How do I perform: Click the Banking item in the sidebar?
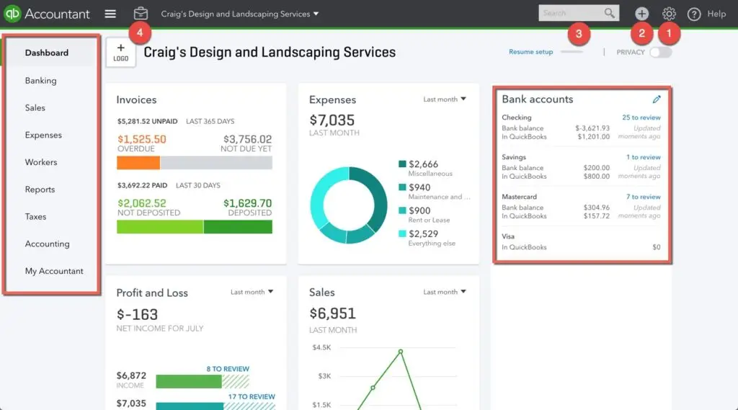pyautogui.click(x=40, y=81)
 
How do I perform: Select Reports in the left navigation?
pyautogui.click(x=40, y=190)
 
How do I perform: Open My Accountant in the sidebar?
pyautogui.click(x=54, y=271)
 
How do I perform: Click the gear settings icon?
pyautogui.click(x=669, y=14)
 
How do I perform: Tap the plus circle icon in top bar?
pyautogui.click(x=641, y=14)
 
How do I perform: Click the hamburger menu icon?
pyautogui.click(x=110, y=14)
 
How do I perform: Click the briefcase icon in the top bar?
pyautogui.click(x=141, y=14)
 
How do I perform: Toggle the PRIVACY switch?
pyautogui.click(x=660, y=52)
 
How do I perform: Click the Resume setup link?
pyautogui.click(x=530, y=52)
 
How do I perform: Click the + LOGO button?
pyautogui.click(x=120, y=53)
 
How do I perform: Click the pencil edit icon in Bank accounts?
pyautogui.click(x=656, y=99)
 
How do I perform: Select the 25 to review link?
pyautogui.click(x=641, y=117)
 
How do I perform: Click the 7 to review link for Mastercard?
pyautogui.click(x=643, y=197)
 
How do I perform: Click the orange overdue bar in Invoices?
pyautogui.click(x=138, y=163)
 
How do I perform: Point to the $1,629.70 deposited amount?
pyautogui.click(x=247, y=203)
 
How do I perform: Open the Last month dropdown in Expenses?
pyautogui.click(x=445, y=99)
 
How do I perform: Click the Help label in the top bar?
pyautogui.click(x=716, y=14)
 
